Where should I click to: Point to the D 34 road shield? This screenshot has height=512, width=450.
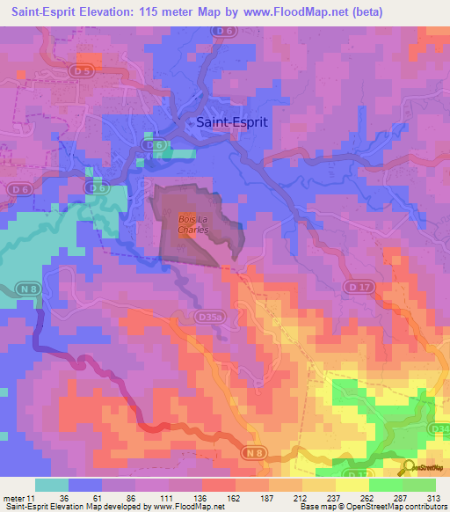tap(441, 428)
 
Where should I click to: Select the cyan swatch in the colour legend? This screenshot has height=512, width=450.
tap(52, 485)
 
